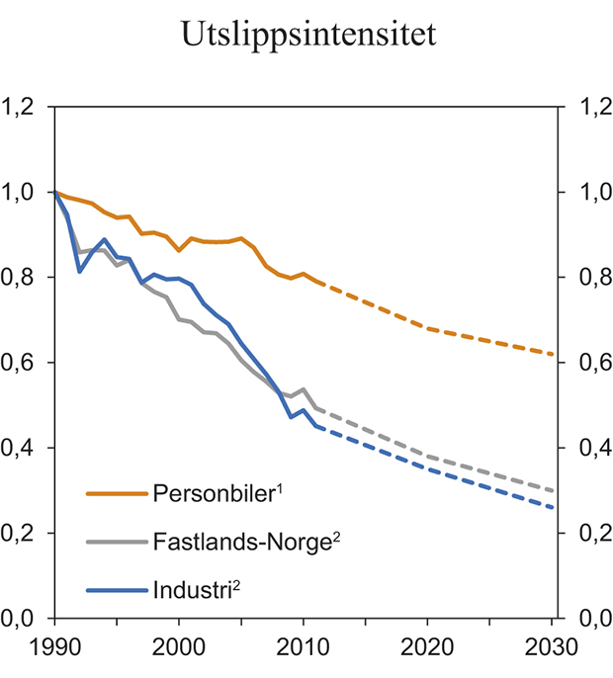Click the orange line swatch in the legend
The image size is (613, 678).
point(117,493)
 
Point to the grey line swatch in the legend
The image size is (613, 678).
point(117,542)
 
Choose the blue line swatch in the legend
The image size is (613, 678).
point(117,591)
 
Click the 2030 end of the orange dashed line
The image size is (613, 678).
point(552,354)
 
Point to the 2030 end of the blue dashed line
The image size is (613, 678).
point(552,508)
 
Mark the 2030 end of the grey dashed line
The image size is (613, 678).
point(552,490)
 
